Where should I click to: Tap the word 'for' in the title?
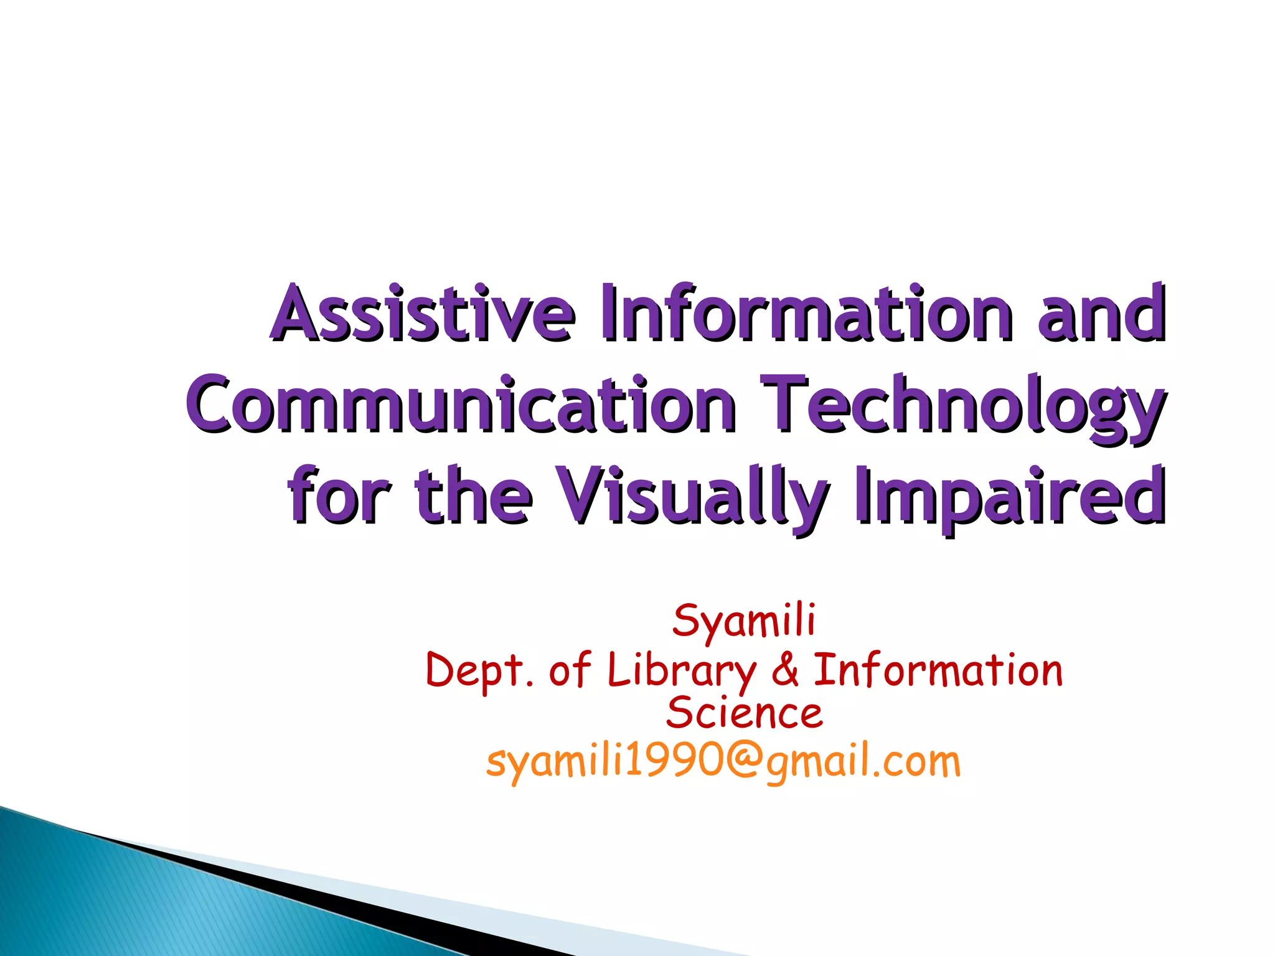tap(339, 496)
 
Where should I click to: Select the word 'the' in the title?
tap(473, 496)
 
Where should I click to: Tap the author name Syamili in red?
tap(743, 621)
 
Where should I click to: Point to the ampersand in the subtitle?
tap(785, 671)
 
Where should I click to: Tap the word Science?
tap(744, 713)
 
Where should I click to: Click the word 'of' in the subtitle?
tap(569, 671)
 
